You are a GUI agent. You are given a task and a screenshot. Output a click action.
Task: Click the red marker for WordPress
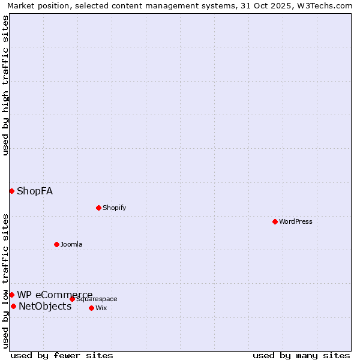(275, 221)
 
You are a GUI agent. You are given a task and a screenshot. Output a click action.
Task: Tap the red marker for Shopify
(98, 208)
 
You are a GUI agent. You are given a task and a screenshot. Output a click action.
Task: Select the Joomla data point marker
(56, 244)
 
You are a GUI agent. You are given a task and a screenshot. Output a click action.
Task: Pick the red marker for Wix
(91, 308)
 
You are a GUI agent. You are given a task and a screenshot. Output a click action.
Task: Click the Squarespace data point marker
(72, 299)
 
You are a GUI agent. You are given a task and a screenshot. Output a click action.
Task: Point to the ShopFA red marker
(11, 191)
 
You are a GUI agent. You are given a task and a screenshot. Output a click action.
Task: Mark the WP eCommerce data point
(11, 295)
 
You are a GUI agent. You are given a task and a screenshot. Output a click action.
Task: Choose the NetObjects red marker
(13, 306)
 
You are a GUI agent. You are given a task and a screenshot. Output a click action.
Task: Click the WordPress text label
(296, 221)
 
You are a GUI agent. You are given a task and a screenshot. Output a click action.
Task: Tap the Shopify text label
(114, 208)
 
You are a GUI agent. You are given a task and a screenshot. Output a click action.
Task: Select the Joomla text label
(71, 244)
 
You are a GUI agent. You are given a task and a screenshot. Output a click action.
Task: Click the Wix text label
(101, 308)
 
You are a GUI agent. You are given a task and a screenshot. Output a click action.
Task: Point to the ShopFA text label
(35, 191)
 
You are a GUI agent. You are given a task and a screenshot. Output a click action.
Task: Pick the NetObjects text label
(45, 307)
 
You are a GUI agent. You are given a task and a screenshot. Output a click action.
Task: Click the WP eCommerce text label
(55, 295)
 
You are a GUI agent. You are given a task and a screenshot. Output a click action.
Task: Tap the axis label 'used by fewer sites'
(62, 355)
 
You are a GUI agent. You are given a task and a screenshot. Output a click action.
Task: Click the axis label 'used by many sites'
(301, 355)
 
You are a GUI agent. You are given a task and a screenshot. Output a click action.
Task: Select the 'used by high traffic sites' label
(5, 85)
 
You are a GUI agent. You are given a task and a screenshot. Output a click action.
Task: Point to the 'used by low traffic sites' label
(5, 281)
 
